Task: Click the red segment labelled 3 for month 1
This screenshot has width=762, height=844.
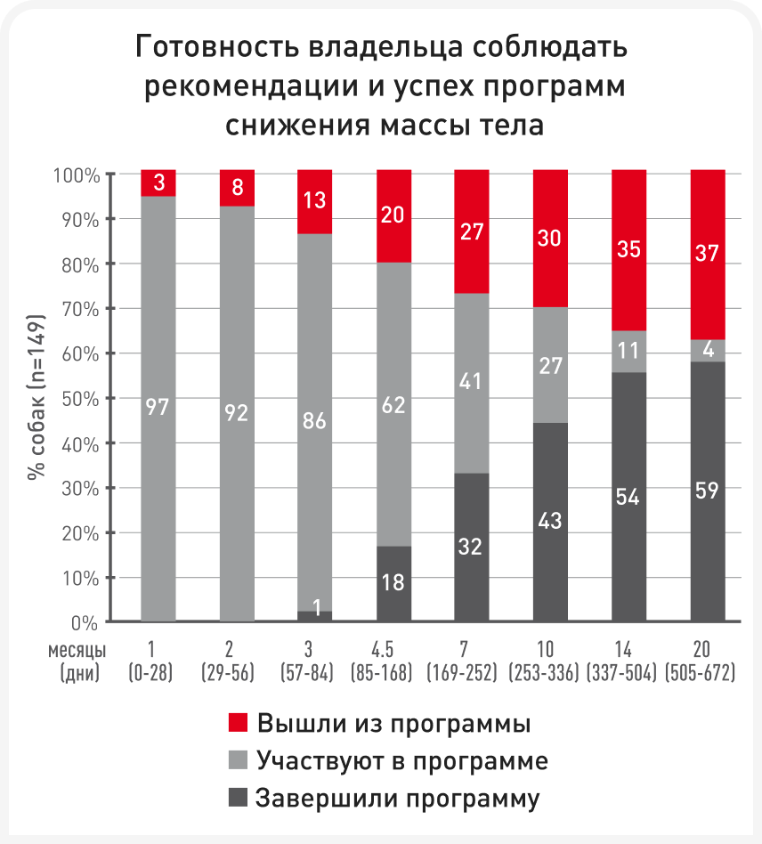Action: click(158, 183)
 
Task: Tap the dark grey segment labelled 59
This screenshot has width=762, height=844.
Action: click(708, 491)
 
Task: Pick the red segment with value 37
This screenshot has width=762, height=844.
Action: click(708, 255)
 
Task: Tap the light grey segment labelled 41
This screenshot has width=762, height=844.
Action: click(471, 383)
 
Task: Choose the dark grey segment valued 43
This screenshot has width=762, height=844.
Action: click(549, 523)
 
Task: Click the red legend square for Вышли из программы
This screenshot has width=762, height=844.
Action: click(238, 723)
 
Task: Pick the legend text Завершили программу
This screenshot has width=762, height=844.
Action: click(397, 799)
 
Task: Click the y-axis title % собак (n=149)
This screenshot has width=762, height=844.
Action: click(36, 397)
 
